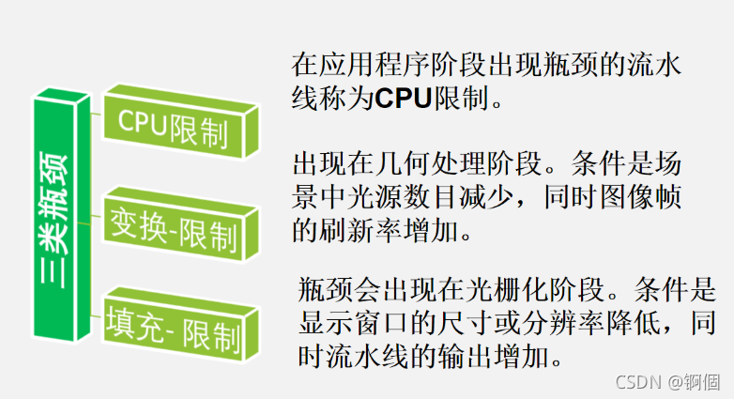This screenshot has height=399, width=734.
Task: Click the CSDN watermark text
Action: pos(634,382)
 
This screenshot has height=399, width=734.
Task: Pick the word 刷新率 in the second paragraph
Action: pos(361,229)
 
